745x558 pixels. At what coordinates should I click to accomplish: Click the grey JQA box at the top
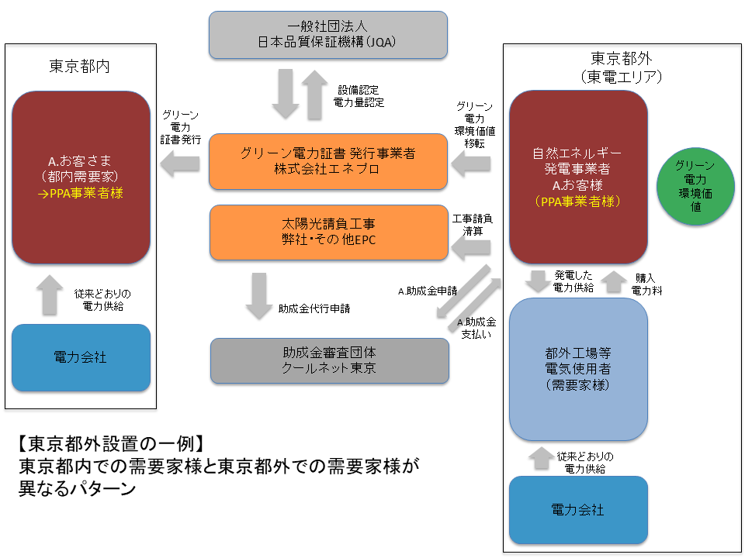click(329, 35)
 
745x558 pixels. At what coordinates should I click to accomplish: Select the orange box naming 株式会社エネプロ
click(329, 161)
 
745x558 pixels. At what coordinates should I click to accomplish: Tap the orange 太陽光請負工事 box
click(329, 232)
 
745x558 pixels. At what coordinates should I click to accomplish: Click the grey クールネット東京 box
click(329, 360)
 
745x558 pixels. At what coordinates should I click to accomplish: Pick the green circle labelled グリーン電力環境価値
click(695, 187)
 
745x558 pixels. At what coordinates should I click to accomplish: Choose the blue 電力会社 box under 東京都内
click(81, 357)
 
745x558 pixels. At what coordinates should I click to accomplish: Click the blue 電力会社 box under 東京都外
click(578, 509)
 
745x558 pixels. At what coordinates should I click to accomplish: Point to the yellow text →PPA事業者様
click(81, 194)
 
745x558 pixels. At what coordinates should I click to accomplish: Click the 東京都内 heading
click(81, 66)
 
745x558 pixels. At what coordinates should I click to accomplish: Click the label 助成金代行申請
click(314, 308)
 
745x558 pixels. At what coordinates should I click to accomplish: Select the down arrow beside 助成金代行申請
click(259, 296)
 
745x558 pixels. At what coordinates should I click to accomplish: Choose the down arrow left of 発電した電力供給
click(537, 282)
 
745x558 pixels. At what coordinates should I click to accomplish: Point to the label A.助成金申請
click(427, 291)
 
